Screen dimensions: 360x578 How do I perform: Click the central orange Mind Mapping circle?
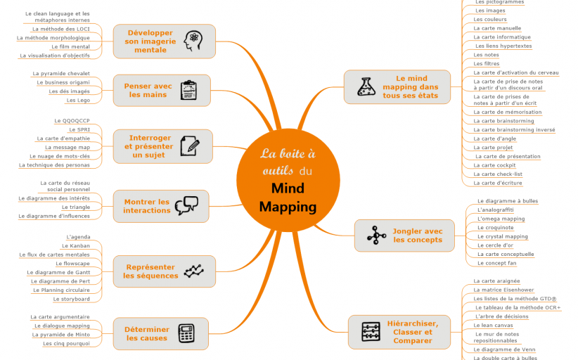288,179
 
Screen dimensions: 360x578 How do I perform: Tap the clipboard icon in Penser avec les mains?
188,90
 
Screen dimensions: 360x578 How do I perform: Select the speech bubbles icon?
186,205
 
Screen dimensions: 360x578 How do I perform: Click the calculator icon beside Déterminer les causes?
186,333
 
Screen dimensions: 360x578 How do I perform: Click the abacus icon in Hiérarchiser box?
370,332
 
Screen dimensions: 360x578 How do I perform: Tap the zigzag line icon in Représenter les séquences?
193,271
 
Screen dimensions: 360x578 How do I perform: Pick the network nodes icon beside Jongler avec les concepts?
376,236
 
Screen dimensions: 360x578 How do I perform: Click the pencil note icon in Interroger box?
189,146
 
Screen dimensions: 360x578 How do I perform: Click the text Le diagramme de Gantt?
58,272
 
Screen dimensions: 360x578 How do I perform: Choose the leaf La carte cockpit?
494,165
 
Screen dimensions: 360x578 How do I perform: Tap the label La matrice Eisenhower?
503,290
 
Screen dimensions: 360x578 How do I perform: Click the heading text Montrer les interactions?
147,206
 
